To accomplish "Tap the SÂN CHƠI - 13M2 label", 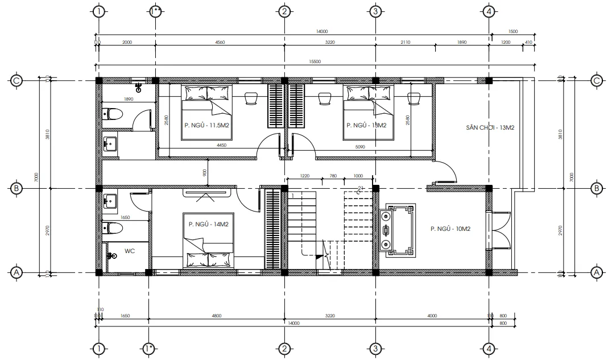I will pyautogui.click(x=490, y=129).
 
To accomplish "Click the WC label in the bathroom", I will pyautogui.click(x=130, y=250).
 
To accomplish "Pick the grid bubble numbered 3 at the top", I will pyautogui.click(x=374, y=11).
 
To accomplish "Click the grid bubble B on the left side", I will pyautogui.click(x=17, y=188).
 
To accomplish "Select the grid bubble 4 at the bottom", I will pyautogui.click(x=488, y=347).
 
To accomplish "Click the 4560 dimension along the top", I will pyautogui.click(x=220, y=42).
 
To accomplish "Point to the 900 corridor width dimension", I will pyautogui.click(x=205, y=171).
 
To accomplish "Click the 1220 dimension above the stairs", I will pyautogui.click(x=305, y=176).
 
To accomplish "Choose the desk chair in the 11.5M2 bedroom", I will pyautogui.click(x=250, y=98).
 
